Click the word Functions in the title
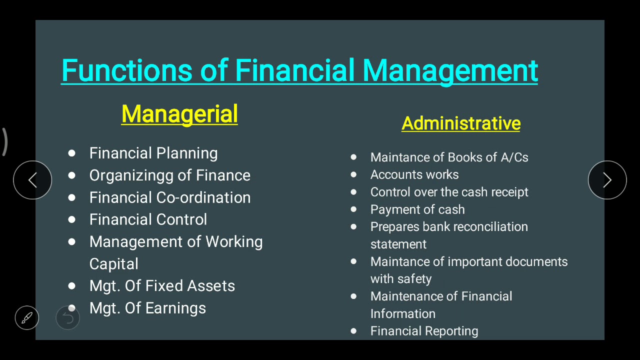[127, 70]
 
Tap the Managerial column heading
[179, 114]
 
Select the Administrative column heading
[461, 123]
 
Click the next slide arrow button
[607, 180]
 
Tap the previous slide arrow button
[32, 180]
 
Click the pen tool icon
[27, 317]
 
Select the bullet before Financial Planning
[71, 153]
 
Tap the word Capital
[113, 264]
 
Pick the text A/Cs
[514, 157]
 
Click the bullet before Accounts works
[353, 174]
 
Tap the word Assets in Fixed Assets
[211, 286]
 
